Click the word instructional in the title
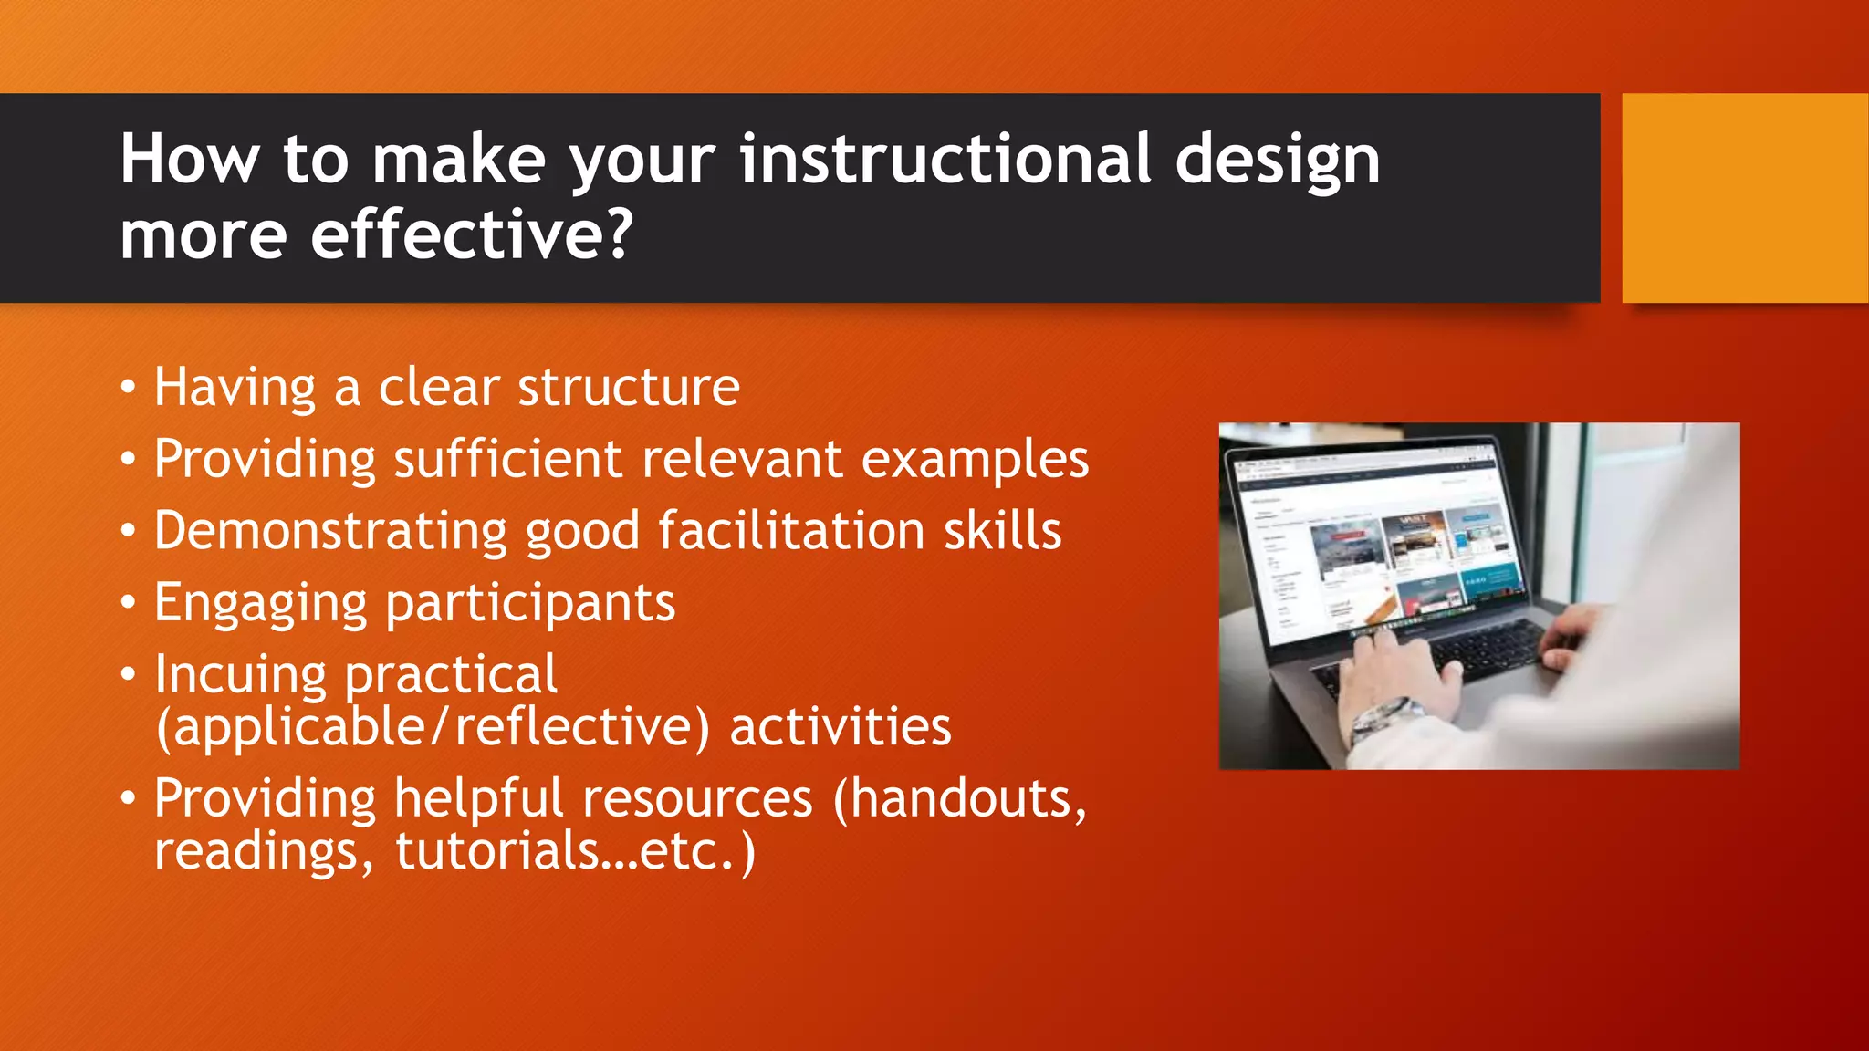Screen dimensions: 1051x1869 pyautogui.click(x=945, y=160)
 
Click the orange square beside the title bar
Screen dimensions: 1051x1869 pyautogui.click(x=1744, y=197)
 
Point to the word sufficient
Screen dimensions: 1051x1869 pyautogui.click(x=508, y=459)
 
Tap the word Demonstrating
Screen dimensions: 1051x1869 pyautogui.click(x=330, y=531)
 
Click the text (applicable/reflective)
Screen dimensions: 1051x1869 pyautogui.click(x=433, y=728)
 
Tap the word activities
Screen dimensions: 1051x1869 pyautogui.click(x=840, y=727)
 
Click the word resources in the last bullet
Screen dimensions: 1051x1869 pyautogui.click(x=697, y=799)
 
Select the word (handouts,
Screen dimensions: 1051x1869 pyautogui.click(x=959, y=799)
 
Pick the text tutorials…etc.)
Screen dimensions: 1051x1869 pyautogui.click(x=575, y=851)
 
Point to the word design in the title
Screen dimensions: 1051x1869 pyautogui.click(x=1277, y=161)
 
